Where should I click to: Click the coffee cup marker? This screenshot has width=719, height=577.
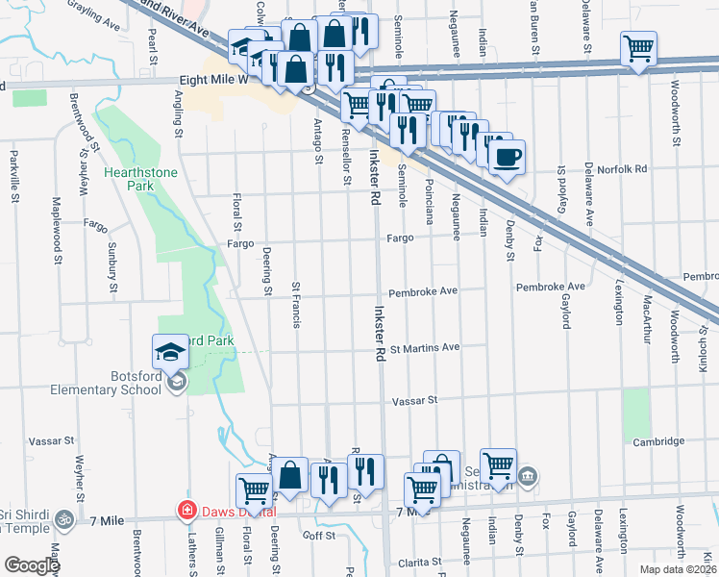pos(507,157)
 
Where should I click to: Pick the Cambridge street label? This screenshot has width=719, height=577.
pos(658,441)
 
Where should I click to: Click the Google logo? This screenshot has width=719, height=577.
pos(31,565)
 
